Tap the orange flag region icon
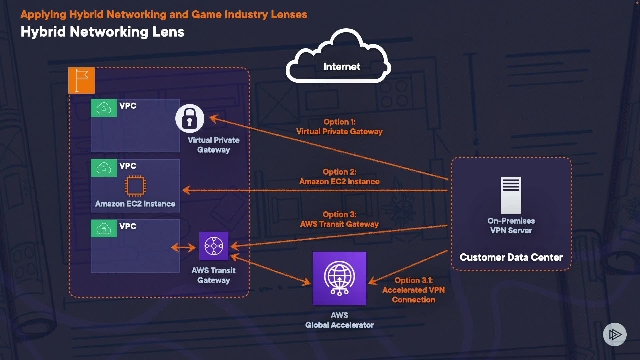[81, 80]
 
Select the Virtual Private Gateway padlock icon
[190, 118]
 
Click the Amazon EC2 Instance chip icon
[135, 186]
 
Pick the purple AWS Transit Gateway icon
[214, 246]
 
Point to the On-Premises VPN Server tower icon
[511, 195]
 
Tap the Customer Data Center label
[511, 257]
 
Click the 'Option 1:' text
[339, 122]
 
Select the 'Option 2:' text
[339, 172]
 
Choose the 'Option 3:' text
[339, 215]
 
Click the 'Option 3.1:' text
[413, 281]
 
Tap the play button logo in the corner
[615, 334]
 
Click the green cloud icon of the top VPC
[104, 108]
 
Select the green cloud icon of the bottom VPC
[104, 229]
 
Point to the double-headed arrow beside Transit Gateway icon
[183, 247]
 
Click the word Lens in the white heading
[168, 32]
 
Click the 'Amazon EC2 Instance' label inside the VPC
[135, 204]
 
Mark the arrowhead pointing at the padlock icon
[213, 118]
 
